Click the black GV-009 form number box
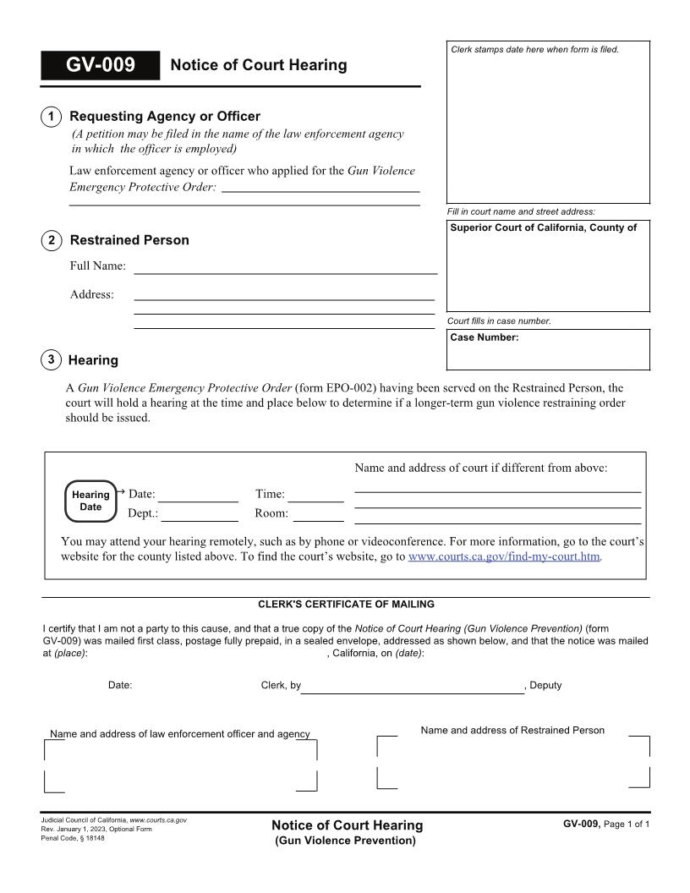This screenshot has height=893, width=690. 100,65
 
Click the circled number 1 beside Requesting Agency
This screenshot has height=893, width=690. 52,117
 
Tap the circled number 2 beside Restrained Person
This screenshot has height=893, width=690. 52,240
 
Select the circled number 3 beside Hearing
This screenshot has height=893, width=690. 52,360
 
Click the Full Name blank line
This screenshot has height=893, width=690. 286,267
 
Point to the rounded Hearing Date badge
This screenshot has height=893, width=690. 90,501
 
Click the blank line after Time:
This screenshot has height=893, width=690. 318,496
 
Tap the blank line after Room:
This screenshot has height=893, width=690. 318,514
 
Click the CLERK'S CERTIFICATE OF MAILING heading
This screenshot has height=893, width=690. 346,605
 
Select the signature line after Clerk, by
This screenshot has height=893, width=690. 413,687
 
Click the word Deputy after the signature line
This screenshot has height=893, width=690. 545,686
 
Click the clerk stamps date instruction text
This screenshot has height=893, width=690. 535,50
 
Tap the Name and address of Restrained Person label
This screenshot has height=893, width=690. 512,731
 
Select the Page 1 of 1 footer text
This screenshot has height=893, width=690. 627,824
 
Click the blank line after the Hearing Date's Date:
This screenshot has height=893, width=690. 198,496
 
